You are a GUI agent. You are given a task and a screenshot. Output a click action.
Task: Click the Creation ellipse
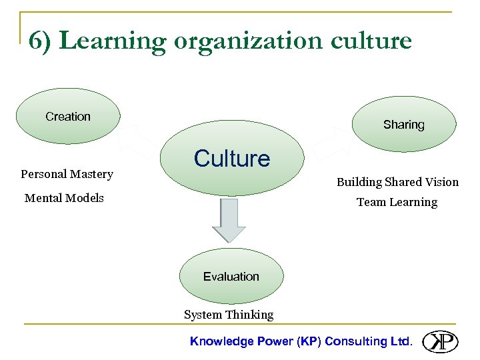[x=68, y=117]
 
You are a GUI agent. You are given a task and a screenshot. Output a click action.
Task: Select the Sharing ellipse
[x=404, y=125]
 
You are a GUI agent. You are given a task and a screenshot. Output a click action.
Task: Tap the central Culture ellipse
[x=232, y=159]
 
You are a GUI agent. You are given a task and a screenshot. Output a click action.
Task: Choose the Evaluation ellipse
[x=231, y=276]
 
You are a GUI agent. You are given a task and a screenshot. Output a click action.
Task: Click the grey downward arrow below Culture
[x=229, y=219]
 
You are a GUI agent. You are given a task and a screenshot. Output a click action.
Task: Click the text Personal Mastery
[x=67, y=174]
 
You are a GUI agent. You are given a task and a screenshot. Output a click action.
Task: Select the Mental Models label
[x=64, y=198]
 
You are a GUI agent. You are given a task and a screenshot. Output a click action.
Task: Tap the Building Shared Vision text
[x=397, y=182]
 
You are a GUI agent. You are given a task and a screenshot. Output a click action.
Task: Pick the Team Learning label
[x=397, y=202]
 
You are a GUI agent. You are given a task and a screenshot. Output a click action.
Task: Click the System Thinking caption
[x=229, y=315]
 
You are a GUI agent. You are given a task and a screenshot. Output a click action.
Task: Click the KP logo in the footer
[x=440, y=341]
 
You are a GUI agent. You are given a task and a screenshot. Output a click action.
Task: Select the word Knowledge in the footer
[x=222, y=341]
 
